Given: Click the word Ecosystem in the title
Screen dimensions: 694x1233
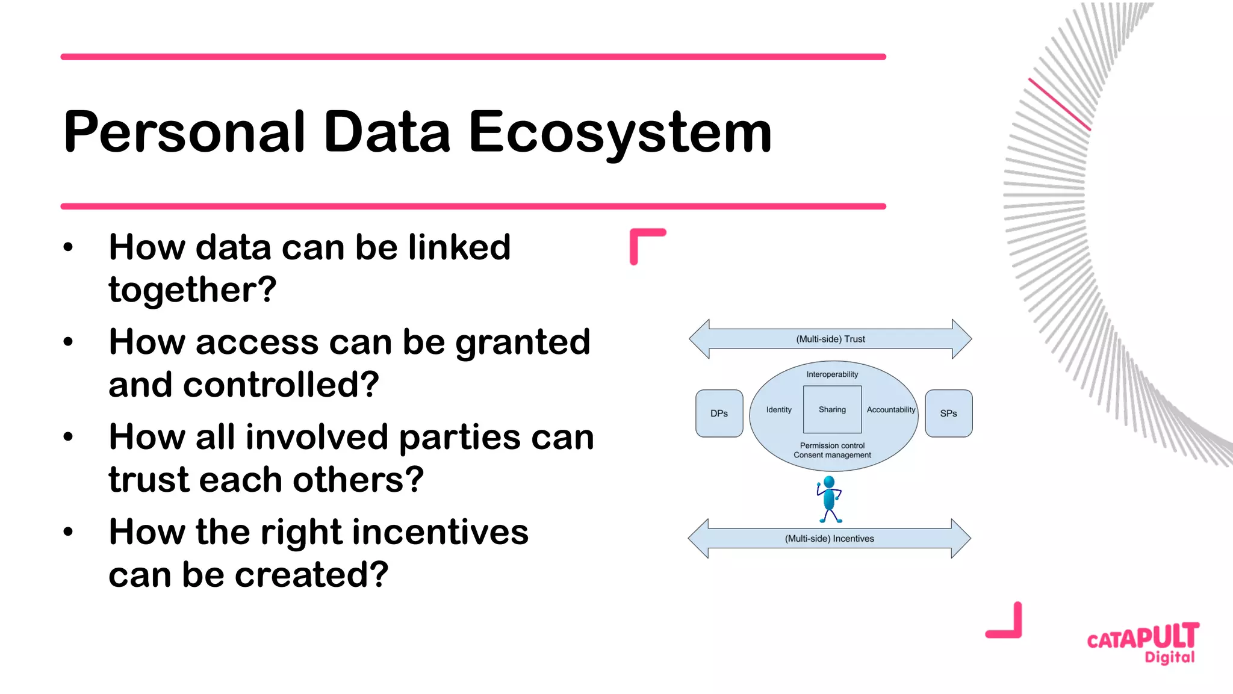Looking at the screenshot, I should (x=620, y=132).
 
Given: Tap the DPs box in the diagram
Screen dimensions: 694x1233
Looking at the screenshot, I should (x=719, y=414).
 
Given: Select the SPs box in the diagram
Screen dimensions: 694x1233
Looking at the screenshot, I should (x=948, y=414).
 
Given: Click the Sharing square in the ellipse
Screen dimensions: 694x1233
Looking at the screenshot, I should (x=832, y=410).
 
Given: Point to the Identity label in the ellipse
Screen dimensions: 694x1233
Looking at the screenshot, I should (x=778, y=410).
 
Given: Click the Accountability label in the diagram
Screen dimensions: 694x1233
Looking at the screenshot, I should (x=890, y=410).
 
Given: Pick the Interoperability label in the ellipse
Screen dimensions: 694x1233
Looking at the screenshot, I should (x=832, y=374).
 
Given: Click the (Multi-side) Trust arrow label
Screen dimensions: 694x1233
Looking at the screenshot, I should (x=830, y=339).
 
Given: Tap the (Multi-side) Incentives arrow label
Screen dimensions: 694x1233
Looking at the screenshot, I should (x=829, y=539).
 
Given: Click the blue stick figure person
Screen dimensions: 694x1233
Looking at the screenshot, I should (x=829, y=498).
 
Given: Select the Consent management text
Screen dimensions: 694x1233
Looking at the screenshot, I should (x=832, y=455).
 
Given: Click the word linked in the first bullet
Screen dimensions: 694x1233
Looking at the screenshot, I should (x=459, y=247).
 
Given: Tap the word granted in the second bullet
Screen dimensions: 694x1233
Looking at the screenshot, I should (x=523, y=342).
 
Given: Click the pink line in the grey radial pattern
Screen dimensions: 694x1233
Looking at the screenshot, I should (x=1060, y=104).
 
